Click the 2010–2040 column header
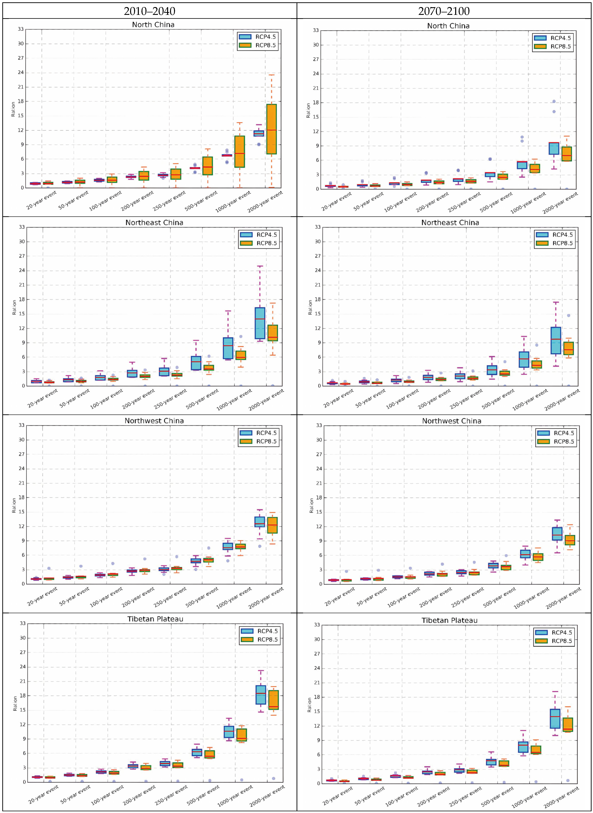click(x=150, y=11)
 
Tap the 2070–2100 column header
click(x=444, y=11)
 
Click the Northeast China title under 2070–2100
click(x=450, y=223)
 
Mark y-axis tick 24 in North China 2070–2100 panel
click(x=316, y=74)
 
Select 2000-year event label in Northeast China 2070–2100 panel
click(x=562, y=400)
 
